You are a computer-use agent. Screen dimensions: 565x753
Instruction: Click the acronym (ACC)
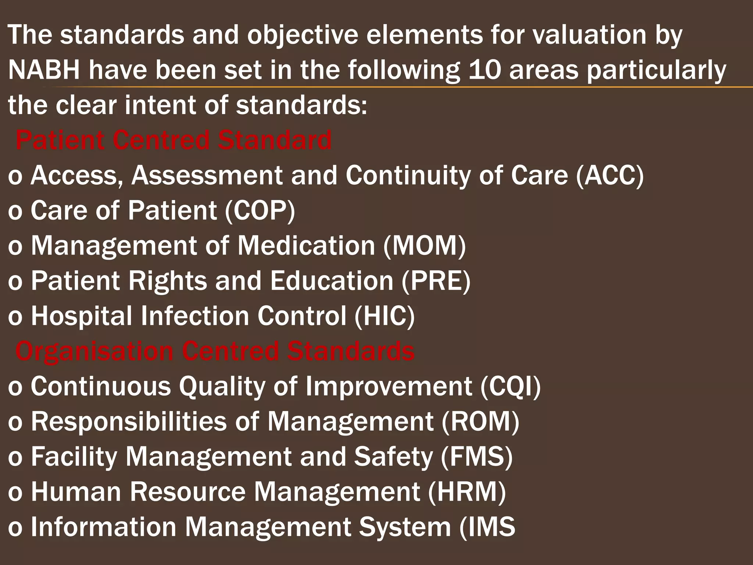tap(610, 175)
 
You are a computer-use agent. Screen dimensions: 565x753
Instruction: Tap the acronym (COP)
tap(260, 210)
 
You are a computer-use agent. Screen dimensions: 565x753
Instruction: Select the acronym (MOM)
tap(424, 246)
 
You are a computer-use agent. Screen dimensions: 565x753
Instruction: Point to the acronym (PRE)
tap(436, 281)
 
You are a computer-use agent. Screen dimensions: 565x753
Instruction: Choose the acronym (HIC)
tap(385, 316)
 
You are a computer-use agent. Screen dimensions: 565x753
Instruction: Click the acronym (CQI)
tap(510, 386)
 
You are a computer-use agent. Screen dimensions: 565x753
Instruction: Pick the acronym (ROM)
tap(481, 422)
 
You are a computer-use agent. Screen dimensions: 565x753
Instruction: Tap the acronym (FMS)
tap(476, 456)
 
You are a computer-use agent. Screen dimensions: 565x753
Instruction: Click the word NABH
tap(44, 70)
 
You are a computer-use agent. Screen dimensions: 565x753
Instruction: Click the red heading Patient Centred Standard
tap(174, 140)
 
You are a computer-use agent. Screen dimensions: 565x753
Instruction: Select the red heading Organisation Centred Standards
tap(215, 351)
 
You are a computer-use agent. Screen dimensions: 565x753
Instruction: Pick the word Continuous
tap(101, 386)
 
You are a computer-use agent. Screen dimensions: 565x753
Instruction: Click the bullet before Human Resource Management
tap(15, 493)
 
